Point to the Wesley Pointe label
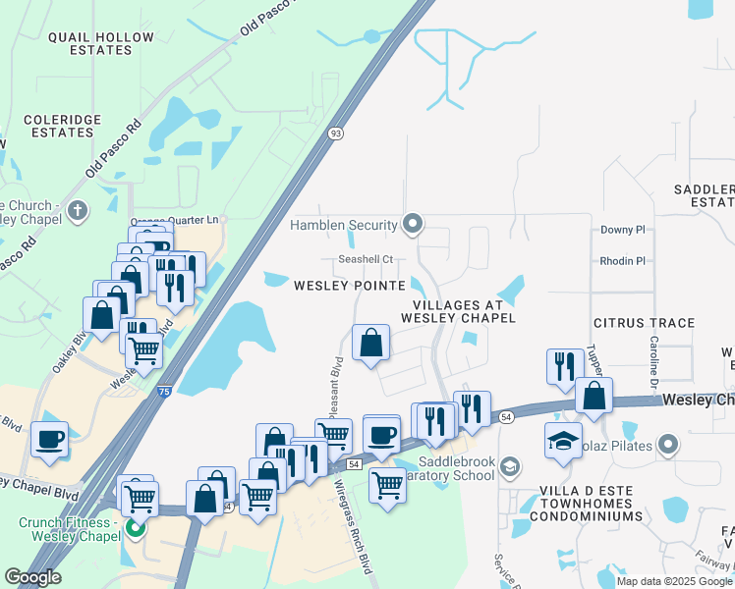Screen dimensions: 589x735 pyautogui.click(x=350, y=286)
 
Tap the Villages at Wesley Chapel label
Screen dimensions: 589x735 pyautogui.click(x=458, y=310)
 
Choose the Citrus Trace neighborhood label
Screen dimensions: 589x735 pyautogui.click(x=644, y=323)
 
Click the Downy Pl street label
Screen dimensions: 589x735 pyautogui.click(x=622, y=230)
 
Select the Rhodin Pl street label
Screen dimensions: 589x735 pyautogui.click(x=622, y=261)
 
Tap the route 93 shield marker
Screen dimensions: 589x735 pyautogui.click(x=335, y=134)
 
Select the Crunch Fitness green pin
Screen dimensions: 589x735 pyautogui.click(x=135, y=528)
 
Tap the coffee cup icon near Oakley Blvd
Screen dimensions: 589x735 pyautogui.click(x=48, y=440)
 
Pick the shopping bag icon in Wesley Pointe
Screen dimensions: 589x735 pyautogui.click(x=370, y=344)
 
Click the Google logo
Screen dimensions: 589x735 pyautogui.click(x=32, y=577)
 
